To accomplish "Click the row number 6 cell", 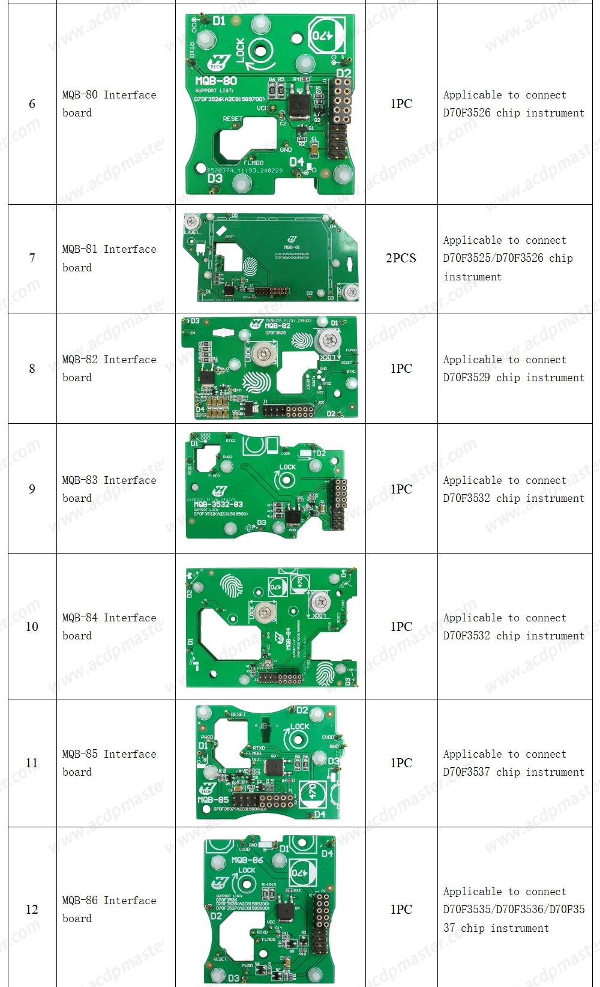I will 32,104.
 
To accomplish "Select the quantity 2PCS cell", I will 401,258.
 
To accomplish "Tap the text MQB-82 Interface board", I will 109,368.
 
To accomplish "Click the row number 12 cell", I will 32,910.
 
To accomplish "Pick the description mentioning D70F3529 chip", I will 514,368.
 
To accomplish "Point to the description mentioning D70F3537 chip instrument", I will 514,763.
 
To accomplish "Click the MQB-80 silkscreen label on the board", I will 216,80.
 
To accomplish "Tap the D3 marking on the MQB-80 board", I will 215,178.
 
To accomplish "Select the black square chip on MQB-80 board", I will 298,106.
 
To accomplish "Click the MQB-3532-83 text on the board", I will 218,504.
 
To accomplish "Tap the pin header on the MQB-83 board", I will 339,504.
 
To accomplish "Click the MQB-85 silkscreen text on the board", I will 213,800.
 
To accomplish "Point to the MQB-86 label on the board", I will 247,860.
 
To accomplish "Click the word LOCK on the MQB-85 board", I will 299,726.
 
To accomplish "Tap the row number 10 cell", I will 32,627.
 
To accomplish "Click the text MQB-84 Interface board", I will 109,627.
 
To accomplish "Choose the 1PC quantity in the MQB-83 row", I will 401,489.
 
